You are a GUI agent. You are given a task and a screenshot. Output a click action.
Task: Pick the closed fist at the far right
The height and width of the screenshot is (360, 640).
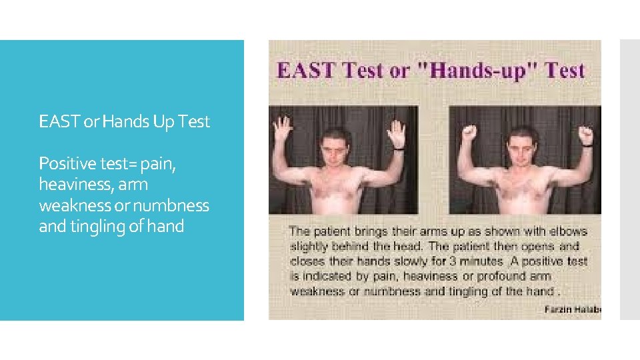585,135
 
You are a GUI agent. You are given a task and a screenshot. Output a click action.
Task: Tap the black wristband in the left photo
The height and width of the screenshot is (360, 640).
398,149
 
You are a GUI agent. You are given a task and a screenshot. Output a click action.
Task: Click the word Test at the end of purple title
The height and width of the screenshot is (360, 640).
564,71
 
